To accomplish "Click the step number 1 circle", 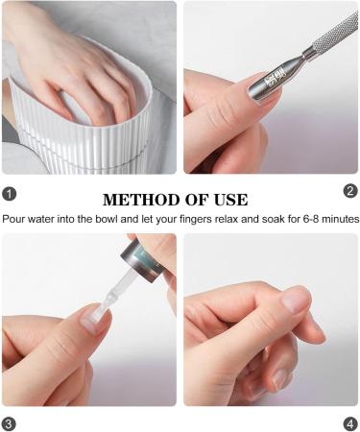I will pyautogui.click(x=10, y=193).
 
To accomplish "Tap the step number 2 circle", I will pyautogui.click(x=350, y=190).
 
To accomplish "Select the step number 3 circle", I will pyautogui.click(x=10, y=422).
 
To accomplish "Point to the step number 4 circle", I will pyautogui.click(x=350, y=422).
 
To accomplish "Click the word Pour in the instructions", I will pyautogui.click(x=14, y=219).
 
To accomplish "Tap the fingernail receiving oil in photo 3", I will pyautogui.click(x=94, y=321).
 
